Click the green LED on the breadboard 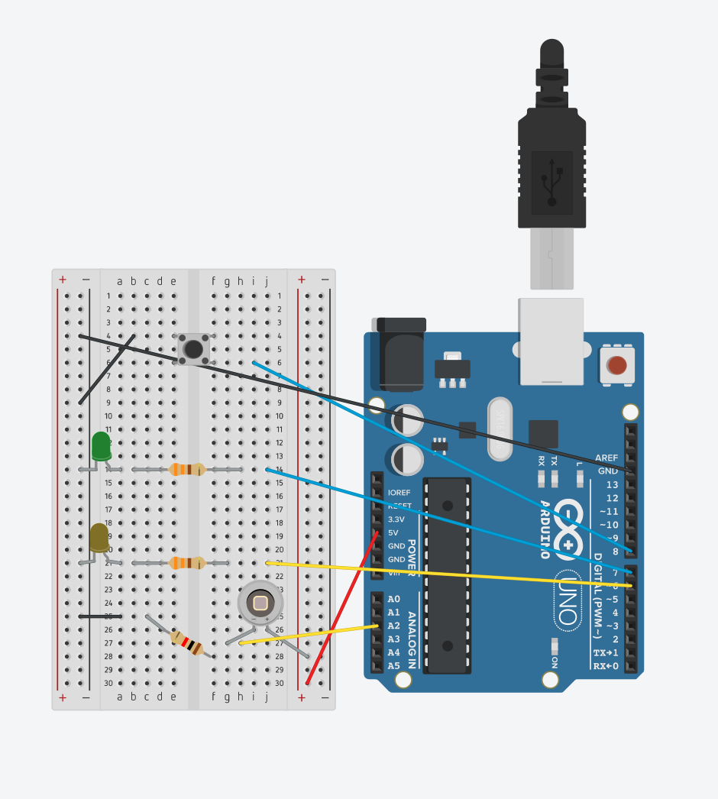pos(101,446)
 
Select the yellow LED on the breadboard pos(99,538)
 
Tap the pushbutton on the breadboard pos(193,349)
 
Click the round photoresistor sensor pos(260,603)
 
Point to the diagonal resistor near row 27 pos(187,642)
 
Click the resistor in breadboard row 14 pos(186,469)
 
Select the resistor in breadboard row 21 pos(186,563)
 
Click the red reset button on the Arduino pos(617,365)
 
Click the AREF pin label pos(607,458)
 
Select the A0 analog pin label pos(393,599)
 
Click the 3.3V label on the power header pos(398,519)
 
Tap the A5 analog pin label pos(393,666)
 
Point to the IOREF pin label pos(399,493)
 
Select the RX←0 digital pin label pos(606,666)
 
